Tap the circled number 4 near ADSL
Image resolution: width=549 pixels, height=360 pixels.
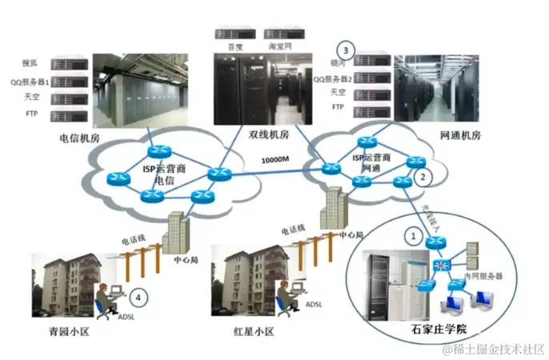coord(141,298)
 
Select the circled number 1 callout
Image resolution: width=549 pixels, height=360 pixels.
coord(413,237)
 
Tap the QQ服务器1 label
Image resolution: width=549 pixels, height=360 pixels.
coord(31,81)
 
